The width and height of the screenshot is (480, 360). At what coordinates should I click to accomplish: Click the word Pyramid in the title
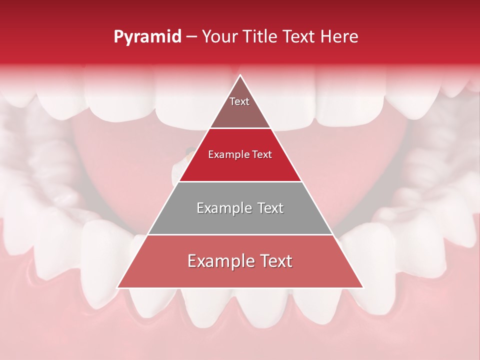click(x=147, y=37)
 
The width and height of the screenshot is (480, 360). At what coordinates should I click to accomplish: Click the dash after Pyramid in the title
click(x=191, y=37)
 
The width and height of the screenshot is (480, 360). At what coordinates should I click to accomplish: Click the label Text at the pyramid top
click(x=239, y=101)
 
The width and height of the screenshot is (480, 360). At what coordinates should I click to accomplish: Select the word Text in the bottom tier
click(x=274, y=261)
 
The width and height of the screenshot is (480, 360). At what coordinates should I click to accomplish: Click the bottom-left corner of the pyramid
click(x=117, y=287)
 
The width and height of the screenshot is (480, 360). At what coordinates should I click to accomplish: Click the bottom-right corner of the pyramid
click(x=363, y=287)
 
